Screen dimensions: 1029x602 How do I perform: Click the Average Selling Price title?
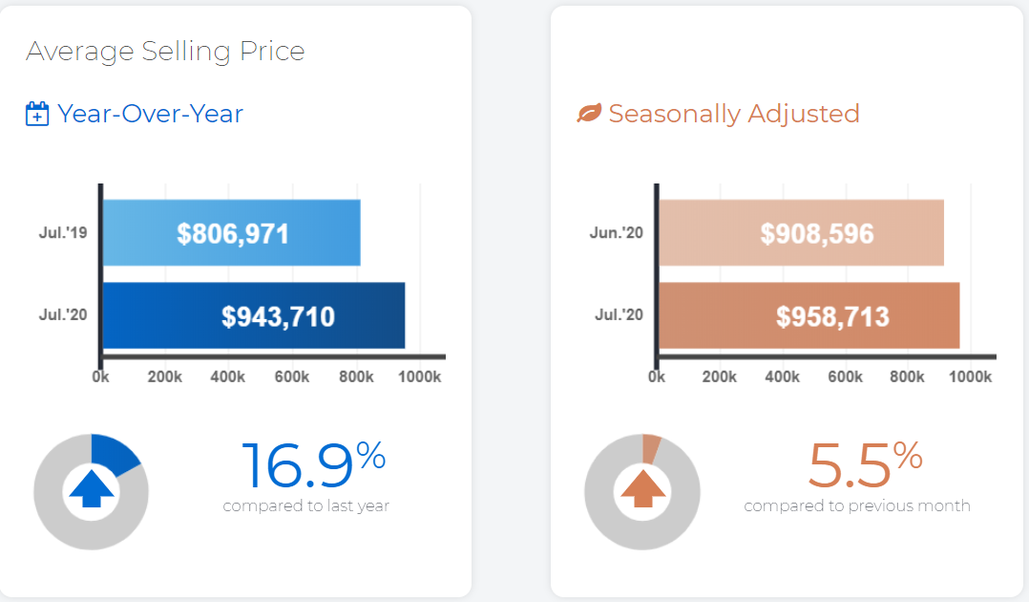165,52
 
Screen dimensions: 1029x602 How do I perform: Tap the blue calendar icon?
37,114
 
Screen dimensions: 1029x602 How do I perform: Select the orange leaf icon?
589,113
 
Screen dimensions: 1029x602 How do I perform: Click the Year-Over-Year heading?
150,114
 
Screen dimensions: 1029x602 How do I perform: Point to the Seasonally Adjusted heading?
734,114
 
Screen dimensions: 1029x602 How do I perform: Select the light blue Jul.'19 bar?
232,232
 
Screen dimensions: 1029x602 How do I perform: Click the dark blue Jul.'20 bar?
254,315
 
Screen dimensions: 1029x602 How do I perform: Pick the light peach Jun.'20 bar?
801,232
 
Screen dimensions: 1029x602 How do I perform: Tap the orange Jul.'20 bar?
809,315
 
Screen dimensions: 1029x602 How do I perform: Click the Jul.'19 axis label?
63,232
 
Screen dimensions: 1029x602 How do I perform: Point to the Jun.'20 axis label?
617,232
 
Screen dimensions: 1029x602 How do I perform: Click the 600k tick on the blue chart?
292,376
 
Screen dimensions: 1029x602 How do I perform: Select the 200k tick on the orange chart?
720,376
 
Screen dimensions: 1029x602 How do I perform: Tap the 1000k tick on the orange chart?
970,376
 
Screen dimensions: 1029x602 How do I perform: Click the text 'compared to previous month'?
857,505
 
